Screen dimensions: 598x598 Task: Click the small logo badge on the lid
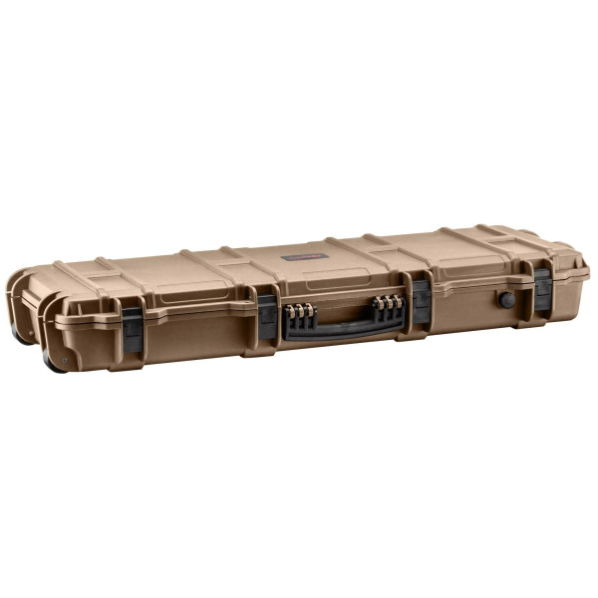(x=298, y=256)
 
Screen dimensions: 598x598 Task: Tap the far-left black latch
(x=132, y=328)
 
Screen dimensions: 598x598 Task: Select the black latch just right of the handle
(x=422, y=301)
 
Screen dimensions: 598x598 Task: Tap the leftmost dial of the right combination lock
(x=379, y=303)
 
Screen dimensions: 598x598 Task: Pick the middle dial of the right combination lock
(x=388, y=302)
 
